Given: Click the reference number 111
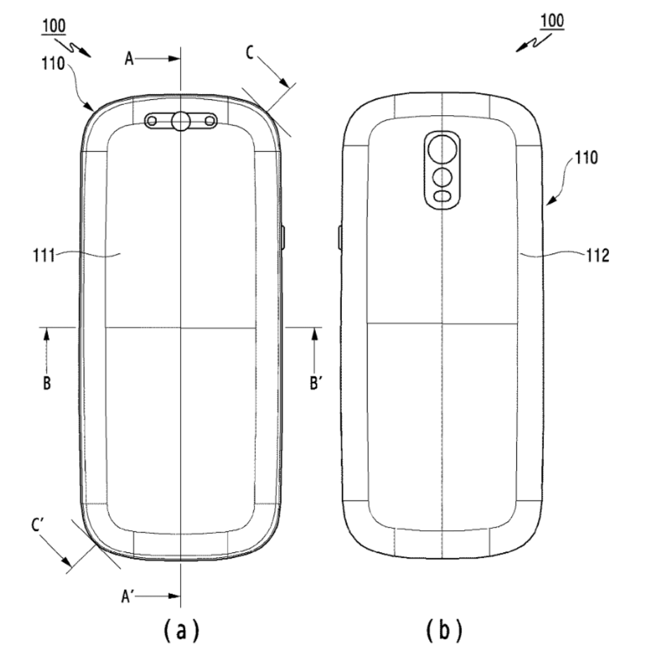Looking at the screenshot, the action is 44,256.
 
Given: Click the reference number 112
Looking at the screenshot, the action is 598,255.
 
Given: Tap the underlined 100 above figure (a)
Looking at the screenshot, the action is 54,26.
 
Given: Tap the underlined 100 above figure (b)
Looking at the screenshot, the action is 552,21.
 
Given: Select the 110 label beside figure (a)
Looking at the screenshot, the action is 53,64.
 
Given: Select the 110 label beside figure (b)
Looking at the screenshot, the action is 586,158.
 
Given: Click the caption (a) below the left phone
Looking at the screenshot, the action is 181,631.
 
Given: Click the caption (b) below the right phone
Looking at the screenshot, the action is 444,631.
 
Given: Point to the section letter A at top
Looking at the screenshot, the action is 129,59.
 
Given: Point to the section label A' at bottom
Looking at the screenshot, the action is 128,597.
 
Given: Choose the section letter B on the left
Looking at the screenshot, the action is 47,383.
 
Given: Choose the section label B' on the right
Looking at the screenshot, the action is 314,383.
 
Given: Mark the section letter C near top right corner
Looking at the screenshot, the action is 249,53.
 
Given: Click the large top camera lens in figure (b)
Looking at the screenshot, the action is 442,149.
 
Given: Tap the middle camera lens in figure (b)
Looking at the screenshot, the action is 442,177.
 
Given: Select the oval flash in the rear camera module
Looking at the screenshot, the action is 443,197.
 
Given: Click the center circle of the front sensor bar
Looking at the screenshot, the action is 180,121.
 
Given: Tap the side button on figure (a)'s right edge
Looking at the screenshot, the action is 283,238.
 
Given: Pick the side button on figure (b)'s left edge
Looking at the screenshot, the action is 340,238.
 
